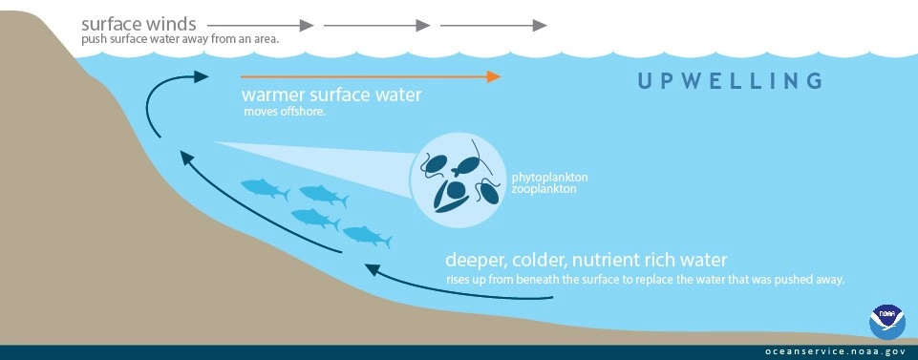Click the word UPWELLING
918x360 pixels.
[x=730, y=80]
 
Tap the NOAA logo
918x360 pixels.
[x=886, y=322]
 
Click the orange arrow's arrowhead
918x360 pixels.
[x=494, y=76]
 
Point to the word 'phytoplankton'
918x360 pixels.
[x=551, y=178]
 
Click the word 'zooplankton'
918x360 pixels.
[x=545, y=189]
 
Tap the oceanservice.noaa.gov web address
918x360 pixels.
[x=834, y=350]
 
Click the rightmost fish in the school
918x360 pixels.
[x=366, y=236]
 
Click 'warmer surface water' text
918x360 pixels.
[x=331, y=95]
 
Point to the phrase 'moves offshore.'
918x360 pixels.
[x=284, y=112]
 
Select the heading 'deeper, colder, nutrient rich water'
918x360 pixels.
[x=587, y=260]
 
